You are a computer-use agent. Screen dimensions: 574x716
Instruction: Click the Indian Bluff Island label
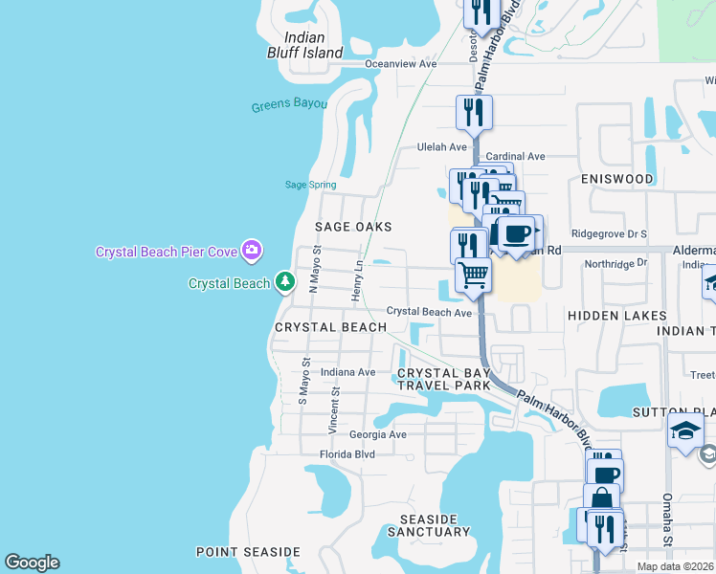pyautogui.click(x=304, y=45)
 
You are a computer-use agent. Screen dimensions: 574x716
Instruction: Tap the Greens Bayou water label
pyautogui.click(x=289, y=105)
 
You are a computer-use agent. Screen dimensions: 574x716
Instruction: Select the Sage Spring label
pyautogui.click(x=306, y=185)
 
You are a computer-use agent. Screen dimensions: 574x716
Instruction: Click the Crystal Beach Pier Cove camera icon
pyautogui.click(x=252, y=251)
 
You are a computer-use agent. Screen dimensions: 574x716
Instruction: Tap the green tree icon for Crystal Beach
pyautogui.click(x=284, y=282)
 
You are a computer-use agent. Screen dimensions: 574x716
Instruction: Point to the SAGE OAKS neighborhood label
pyautogui.click(x=353, y=227)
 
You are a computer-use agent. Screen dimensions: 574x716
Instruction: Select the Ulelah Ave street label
pyautogui.click(x=441, y=147)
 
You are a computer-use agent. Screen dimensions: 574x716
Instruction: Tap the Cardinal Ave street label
pyautogui.click(x=515, y=156)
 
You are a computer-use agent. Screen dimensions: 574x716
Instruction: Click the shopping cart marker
pyautogui.click(x=473, y=275)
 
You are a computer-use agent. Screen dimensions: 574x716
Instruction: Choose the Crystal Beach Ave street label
pyautogui.click(x=430, y=313)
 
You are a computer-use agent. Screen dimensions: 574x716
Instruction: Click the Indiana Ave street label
pyautogui.click(x=348, y=372)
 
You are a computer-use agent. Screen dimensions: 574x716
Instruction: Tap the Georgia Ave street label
pyautogui.click(x=378, y=434)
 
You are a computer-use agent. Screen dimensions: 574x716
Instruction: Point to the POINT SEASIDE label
pyautogui.click(x=248, y=552)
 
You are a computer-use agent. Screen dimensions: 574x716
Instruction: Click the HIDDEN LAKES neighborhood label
pyautogui.click(x=616, y=316)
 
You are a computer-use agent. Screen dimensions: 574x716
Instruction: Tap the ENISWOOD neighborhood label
pyautogui.click(x=616, y=179)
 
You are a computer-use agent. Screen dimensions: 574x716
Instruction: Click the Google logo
pyautogui.click(x=32, y=563)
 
